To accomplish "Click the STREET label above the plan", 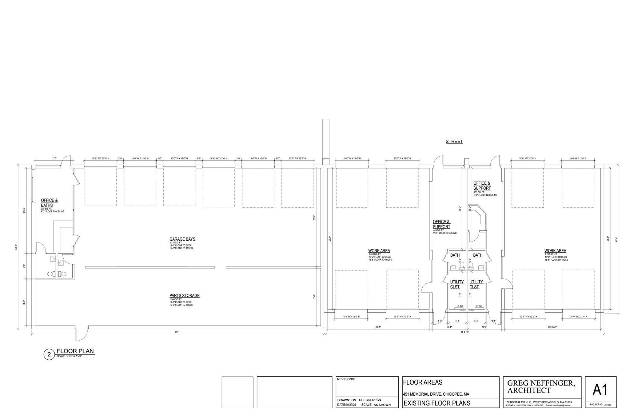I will tap(454, 142).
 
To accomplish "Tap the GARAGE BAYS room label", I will tap(182, 239).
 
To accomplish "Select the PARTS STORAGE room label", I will tap(184, 295).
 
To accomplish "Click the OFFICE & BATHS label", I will tap(49, 203).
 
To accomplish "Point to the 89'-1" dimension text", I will tap(177, 332).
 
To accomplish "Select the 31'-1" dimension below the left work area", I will tap(378, 327).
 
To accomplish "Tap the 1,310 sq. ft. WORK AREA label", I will tap(379, 251).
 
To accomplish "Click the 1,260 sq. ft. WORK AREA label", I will tap(555, 251).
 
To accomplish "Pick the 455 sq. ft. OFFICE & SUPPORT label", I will tap(482, 186).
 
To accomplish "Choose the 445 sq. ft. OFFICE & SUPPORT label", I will tap(441, 224).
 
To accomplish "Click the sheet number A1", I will tap(600, 390).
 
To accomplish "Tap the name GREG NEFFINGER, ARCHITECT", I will tap(540, 387).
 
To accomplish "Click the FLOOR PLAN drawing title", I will tap(75, 351).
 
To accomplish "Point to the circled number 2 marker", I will tap(49, 355).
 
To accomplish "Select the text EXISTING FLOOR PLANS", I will tap(437, 403).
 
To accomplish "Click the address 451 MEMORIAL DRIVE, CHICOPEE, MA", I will tap(436, 394).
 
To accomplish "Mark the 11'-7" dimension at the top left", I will tap(54, 158).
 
